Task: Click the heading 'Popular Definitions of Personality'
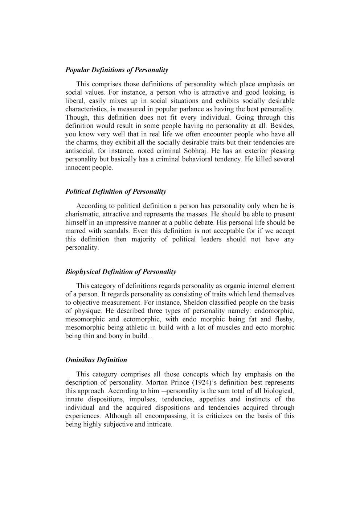point(116,70)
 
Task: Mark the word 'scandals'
point(117,231)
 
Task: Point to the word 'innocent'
point(77,168)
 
